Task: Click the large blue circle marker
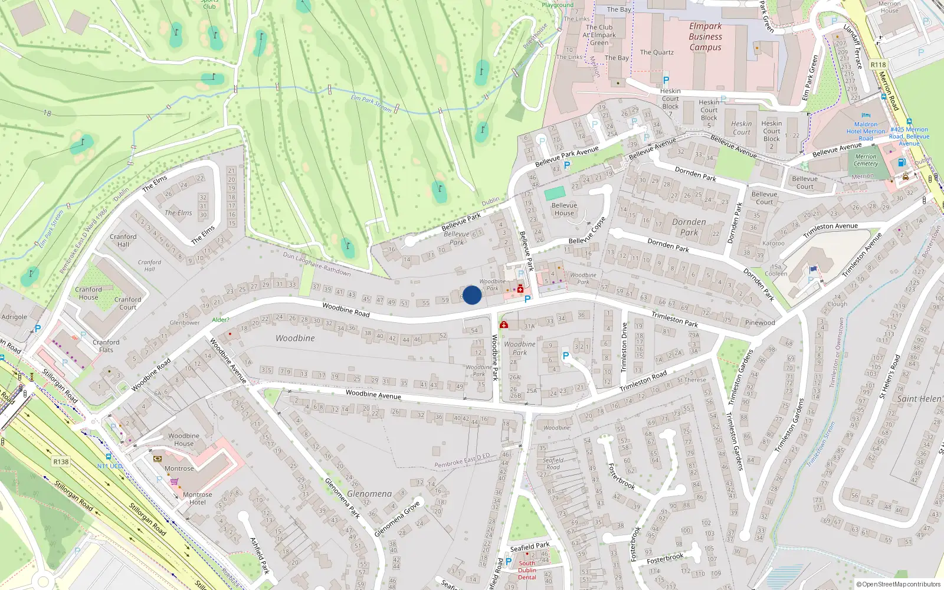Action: pyautogui.click(x=472, y=295)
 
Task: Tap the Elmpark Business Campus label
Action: pyautogui.click(x=705, y=37)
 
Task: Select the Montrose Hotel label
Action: pyautogui.click(x=197, y=499)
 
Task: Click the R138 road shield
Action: pyautogui.click(x=61, y=462)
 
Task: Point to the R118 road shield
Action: pyautogui.click(x=878, y=65)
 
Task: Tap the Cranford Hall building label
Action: pyautogui.click(x=123, y=240)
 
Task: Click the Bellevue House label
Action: pyautogui.click(x=564, y=209)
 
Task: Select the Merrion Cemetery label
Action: pyautogui.click(x=866, y=160)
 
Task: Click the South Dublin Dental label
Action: pyautogui.click(x=527, y=570)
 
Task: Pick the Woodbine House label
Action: pyautogui.click(x=183, y=440)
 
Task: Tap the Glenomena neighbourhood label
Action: pyautogui.click(x=369, y=494)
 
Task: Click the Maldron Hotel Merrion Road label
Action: pyautogui.click(x=866, y=131)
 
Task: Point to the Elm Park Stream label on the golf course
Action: pyautogui.click(x=371, y=103)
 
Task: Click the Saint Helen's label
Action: pyautogui.click(x=919, y=399)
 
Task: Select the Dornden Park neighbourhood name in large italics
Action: pyautogui.click(x=689, y=227)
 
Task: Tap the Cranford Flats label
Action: pyautogui.click(x=106, y=346)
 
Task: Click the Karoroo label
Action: pyautogui.click(x=773, y=243)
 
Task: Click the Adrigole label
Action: pyautogui.click(x=14, y=317)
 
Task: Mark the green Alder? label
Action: pyautogui.click(x=221, y=320)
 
